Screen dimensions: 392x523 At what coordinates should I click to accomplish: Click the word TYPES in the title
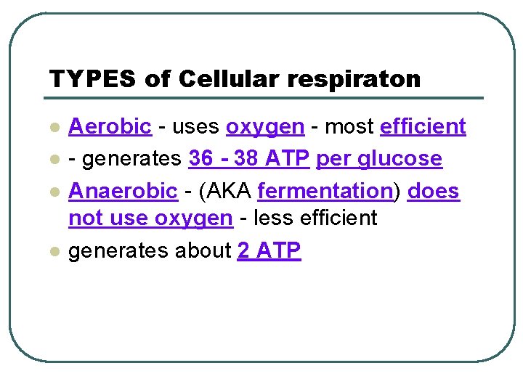click(92, 78)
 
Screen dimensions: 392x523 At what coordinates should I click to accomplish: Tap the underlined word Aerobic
click(110, 126)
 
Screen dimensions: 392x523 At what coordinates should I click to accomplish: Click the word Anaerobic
click(123, 191)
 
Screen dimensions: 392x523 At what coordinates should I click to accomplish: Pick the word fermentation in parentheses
click(325, 191)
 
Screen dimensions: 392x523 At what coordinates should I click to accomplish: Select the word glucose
click(402, 159)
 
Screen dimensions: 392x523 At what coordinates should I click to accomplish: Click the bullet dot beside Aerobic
click(53, 128)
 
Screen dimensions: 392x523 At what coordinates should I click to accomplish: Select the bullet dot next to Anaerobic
click(53, 192)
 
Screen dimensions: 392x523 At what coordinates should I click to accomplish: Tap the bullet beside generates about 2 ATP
click(53, 252)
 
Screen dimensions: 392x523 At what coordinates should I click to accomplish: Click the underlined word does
click(434, 191)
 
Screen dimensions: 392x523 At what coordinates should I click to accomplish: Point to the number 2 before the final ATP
click(243, 251)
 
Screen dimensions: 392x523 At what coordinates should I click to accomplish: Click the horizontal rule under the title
click(266, 98)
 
